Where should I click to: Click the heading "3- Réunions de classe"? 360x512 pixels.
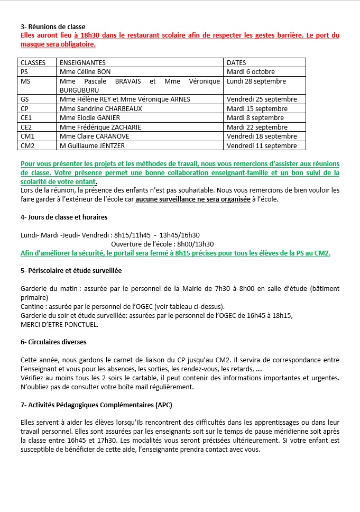point(52,26)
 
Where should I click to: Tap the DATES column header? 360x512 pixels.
point(236,62)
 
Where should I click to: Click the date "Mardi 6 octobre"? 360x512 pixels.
point(251,72)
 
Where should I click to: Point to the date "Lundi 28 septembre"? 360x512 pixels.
point(256,81)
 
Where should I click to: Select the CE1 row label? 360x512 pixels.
point(26,118)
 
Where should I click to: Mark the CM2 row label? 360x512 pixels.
point(27,145)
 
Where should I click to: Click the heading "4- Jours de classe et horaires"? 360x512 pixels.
point(64,217)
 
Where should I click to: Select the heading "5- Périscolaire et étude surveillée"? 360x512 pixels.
point(71,270)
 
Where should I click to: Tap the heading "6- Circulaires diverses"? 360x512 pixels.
point(53,342)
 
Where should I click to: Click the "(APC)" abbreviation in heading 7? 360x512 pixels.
point(163,405)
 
